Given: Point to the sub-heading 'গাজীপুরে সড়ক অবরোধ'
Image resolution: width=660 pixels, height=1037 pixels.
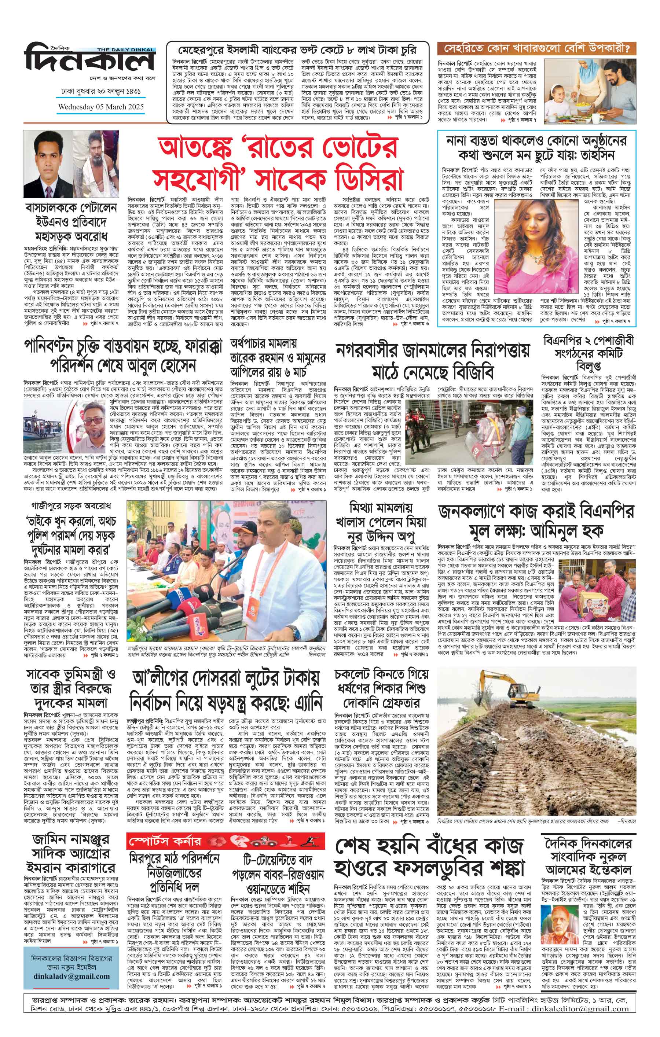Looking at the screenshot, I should (71, 504).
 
